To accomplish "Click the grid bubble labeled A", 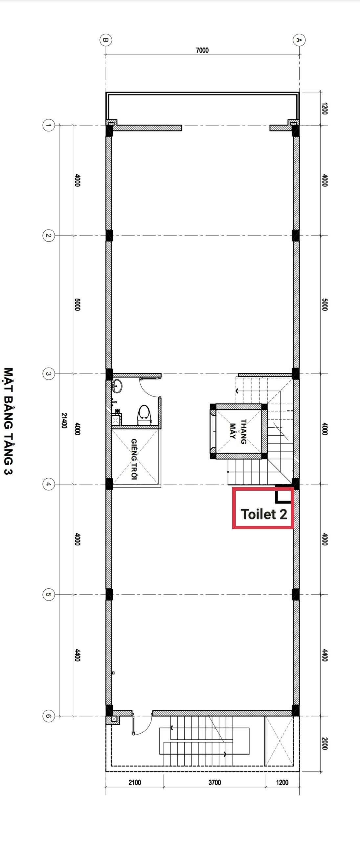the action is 299,40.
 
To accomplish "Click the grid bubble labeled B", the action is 105,40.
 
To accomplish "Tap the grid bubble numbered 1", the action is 49,125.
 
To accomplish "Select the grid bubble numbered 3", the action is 49,374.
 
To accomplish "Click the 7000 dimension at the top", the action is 202,50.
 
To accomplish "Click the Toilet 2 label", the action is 264,514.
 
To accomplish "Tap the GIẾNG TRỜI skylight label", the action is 134,459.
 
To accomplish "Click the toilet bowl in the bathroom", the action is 144,415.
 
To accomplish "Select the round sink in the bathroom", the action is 117,386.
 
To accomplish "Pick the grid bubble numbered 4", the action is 49,484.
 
